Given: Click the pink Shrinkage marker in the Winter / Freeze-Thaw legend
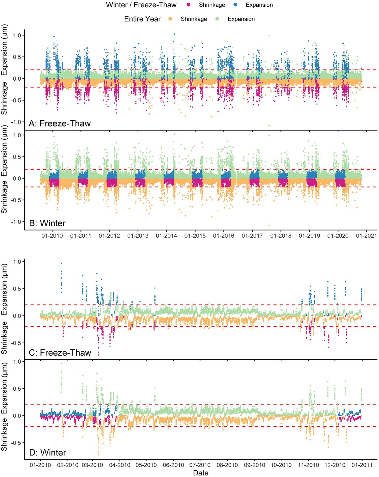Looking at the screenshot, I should click(x=189, y=5).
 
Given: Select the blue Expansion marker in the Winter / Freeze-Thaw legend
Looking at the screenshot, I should click(x=236, y=5).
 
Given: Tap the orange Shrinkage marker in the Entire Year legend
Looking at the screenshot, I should click(x=171, y=19).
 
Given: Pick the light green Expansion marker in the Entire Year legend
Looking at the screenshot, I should click(x=218, y=19).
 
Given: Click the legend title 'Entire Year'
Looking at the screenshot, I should click(x=142, y=19).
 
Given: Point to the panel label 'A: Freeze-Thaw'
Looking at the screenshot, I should click(x=60, y=123).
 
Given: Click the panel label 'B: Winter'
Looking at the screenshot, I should click(x=47, y=223).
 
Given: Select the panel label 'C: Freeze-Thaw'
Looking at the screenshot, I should click(x=60, y=352).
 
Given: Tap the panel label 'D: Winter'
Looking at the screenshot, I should click(x=47, y=452).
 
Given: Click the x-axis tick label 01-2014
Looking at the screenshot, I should click(x=166, y=236).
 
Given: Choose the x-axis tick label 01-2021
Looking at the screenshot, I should click(x=366, y=236).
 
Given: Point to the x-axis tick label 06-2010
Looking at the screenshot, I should click(x=173, y=465).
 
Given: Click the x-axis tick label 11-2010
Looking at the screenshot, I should click(x=308, y=465).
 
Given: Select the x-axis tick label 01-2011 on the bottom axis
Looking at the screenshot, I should click(x=362, y=465).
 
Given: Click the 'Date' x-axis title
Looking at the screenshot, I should click(x=201, y=473).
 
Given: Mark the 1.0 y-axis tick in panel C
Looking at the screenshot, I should click(x=16, y=262).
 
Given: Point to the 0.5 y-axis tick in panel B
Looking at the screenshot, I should click(x=16, y=157).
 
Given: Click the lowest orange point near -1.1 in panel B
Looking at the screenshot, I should click(x=269, y=225).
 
